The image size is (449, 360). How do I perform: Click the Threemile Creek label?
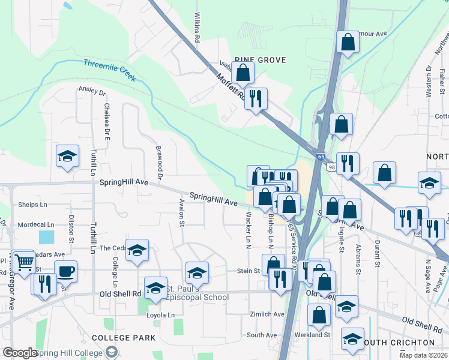110,70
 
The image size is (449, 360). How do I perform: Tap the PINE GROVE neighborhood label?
259,60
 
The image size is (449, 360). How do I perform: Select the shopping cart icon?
23,262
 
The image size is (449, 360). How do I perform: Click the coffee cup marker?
65,271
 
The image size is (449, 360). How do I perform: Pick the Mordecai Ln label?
36,225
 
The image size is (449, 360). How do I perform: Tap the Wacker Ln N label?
248,230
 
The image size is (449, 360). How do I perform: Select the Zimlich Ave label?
267,314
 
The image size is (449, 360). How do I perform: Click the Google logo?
20,353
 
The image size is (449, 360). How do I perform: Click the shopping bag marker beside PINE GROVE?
243,74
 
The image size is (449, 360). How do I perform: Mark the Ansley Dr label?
92,92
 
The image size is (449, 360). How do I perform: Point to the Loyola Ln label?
162,314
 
